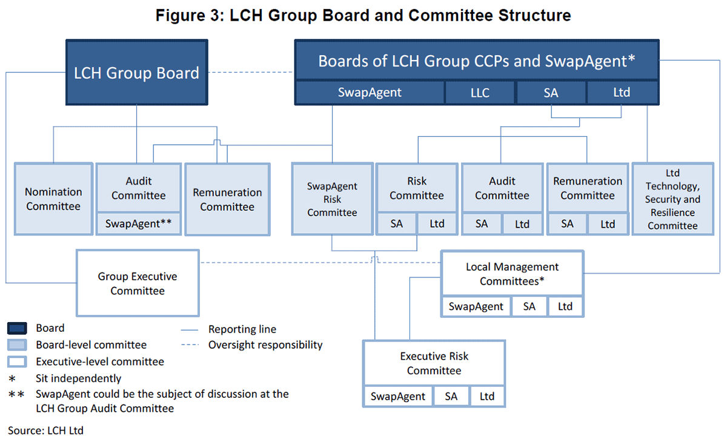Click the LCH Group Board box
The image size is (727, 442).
point(136,73)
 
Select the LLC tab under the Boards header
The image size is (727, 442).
point(480,93)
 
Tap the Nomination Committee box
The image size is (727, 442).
point(53,199)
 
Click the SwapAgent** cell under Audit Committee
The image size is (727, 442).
point(139,223)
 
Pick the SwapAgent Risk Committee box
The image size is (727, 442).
point(332,199)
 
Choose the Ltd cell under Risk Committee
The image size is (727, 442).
point(436,223)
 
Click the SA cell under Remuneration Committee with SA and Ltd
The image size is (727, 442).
point(567,223)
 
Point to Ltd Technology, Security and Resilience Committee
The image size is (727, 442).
point(672,199)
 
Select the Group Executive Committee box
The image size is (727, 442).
point(138,283)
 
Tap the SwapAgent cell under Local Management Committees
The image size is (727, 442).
point(476,306)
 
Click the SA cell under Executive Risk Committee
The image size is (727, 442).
point(451,397)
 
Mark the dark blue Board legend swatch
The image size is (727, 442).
point(17,329)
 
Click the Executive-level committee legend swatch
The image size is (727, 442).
point(17,362)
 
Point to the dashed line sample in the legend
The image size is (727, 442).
point(191,346)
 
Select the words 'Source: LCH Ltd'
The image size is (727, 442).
point(45,430)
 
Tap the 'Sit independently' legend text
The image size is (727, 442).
point(78,378)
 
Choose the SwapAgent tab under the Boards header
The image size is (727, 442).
point(370,93)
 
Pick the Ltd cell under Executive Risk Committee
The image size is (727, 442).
point(486,397)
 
